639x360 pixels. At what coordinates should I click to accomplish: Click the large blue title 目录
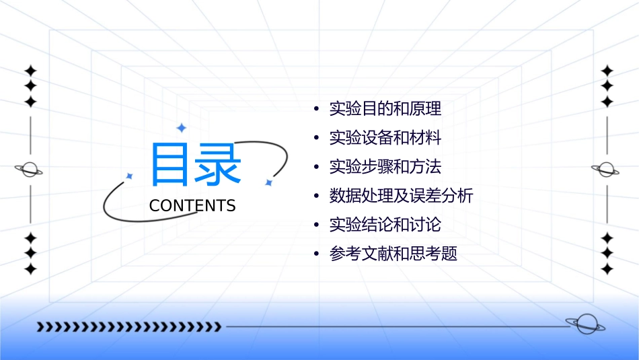tap(196, 165)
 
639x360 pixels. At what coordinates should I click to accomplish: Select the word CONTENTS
tap(192, 206)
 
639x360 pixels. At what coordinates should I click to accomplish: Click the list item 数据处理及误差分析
tap(401, 196)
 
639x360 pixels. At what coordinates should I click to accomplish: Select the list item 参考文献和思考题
tap(393, 254)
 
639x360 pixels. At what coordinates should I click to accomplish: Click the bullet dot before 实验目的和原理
tap(316, 109)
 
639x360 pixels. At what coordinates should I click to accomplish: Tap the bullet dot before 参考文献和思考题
tap(316, 255)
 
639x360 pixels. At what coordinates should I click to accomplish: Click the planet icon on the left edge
tap(30, 170)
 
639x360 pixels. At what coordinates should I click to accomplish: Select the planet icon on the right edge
tap(607, 170)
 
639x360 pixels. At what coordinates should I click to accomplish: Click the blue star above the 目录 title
tap(181, 128)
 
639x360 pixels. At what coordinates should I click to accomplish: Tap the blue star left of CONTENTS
tap(130, 176)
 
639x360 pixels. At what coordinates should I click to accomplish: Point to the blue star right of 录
tap(268, 182)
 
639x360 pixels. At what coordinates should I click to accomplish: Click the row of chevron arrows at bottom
tap(129, 327)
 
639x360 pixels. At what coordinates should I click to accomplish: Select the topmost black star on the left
tap(30, 71)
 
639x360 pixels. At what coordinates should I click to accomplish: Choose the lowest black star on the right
tap(607, 269)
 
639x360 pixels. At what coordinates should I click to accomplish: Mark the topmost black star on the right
tap(607, 71)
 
